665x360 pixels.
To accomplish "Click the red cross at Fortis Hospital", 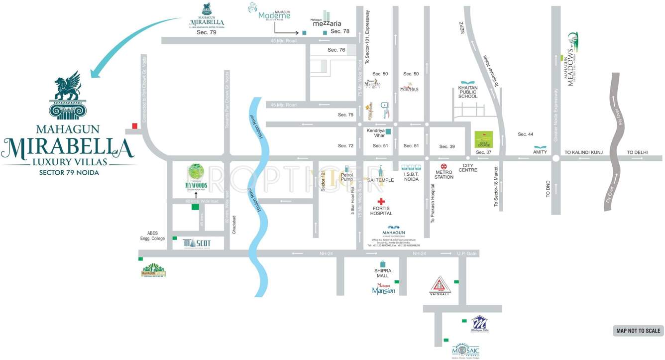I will pos(381,202).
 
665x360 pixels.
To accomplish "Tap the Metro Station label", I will pos(444,174).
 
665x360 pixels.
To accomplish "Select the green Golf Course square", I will pos(483,139).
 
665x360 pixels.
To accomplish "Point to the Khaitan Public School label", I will pos(468,92).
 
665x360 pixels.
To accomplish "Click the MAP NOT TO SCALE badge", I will pos(638,331).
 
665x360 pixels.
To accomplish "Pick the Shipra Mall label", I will pos(383,273).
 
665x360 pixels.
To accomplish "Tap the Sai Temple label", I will pos(381,180).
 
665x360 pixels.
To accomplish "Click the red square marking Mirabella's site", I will pos(134,126).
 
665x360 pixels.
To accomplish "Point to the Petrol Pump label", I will pos(346,177).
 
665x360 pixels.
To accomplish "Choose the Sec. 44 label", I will pos(525,134).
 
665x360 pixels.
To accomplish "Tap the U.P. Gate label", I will pos(467,254).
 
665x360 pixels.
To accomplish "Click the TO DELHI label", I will pos(637,152).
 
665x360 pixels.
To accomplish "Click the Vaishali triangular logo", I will pos(440,285).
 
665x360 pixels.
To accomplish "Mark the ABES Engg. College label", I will pos(152,236).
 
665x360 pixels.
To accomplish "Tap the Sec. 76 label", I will pos(336,50).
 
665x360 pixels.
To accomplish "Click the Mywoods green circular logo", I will pos(196,173).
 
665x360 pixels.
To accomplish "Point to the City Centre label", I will pos(468,167).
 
